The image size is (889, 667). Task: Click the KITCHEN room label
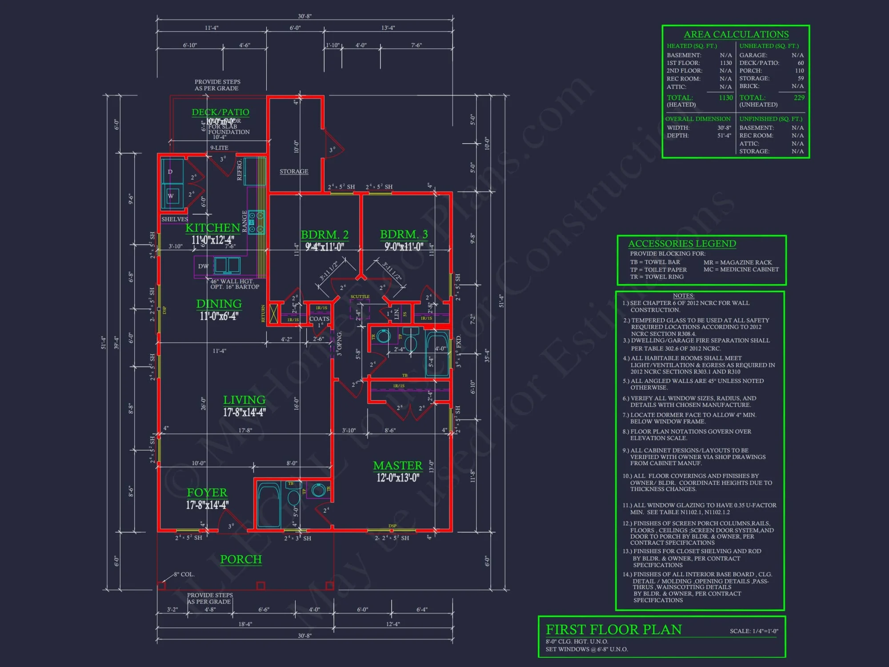coord(212,228)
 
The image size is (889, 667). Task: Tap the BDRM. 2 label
coord(324,234)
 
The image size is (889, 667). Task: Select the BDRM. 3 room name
coord(404,234)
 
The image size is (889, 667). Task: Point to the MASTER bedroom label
coord(397,466)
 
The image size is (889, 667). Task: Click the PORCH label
coord(241,559)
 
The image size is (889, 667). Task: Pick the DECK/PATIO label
coord(220,112)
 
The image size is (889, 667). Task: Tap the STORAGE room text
coord(294,171)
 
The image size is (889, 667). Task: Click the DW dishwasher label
coord(203,266)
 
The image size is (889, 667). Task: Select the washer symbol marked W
coord(171,196)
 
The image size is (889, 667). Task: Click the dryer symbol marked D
coord(170,172)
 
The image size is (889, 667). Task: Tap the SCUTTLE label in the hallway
coord(360,297)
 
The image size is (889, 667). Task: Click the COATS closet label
coord(319,319)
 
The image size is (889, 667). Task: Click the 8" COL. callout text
coord(184,574)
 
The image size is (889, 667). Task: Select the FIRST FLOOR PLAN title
coord(613,630)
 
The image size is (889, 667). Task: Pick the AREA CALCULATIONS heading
coord(736,34)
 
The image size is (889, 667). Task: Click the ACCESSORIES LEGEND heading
coord(682,244)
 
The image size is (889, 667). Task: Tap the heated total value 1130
coord(725,98)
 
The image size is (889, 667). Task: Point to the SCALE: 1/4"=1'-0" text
coord(754,631)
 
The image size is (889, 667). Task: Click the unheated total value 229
coord(799,98)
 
